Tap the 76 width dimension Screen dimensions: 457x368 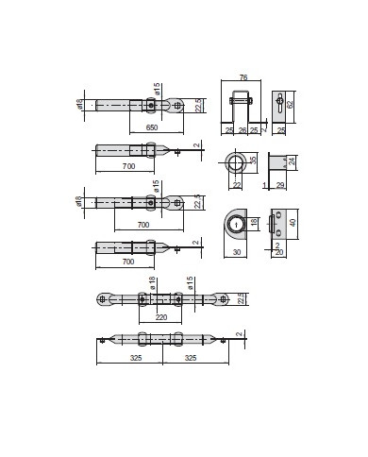click(243, 78)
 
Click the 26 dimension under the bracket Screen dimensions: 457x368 click(243, 129)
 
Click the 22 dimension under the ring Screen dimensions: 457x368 click(235, 184)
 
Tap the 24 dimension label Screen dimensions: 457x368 click(293, 161)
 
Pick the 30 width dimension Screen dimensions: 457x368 click(236, 252)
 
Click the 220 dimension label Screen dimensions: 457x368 click(160, 317)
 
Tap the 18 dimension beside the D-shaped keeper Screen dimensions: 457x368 click(255, 224)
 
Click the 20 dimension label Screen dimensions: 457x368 click(279, 252)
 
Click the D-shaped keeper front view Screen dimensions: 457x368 click(235, 225)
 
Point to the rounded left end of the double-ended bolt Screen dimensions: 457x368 click(104, 299)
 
